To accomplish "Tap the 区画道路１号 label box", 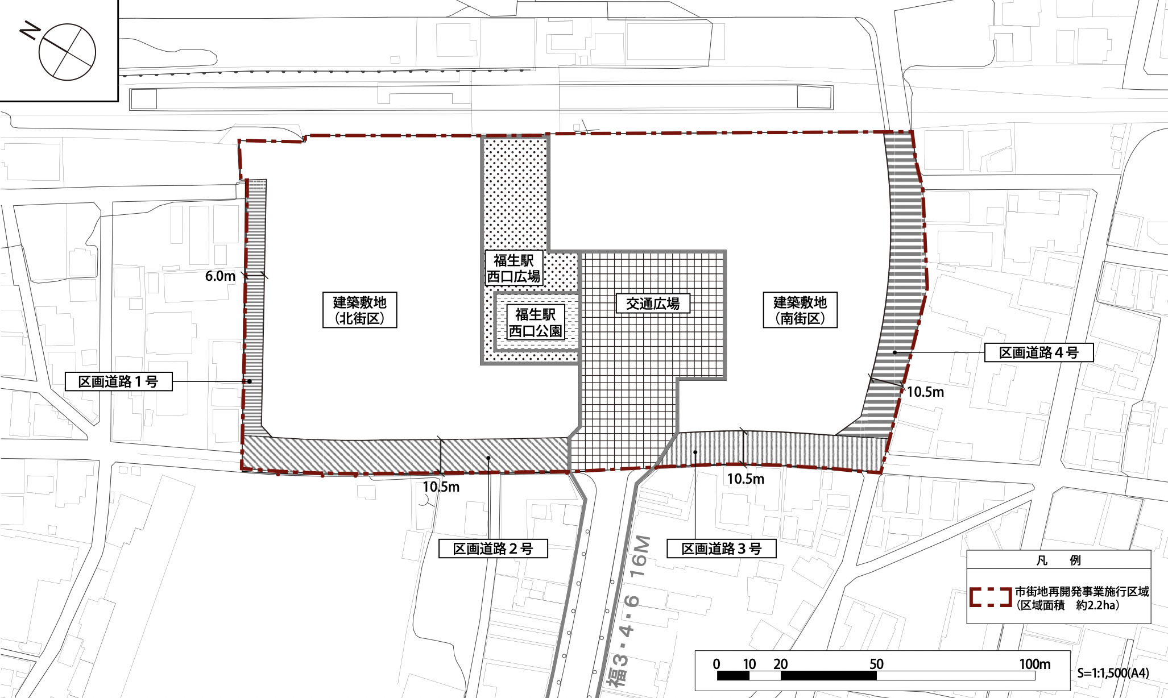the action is (118, 381).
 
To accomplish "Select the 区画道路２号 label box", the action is (493, 549).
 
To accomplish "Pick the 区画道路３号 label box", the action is (721, 549).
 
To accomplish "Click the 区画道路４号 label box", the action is (1039, 352).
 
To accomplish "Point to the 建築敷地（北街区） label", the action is (359, 310).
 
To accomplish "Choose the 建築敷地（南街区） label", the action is (800, 310).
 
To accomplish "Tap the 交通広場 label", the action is (653, 304).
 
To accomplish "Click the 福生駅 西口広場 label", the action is (513, 268).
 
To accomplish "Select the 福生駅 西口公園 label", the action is (535, 322).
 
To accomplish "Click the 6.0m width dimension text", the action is (220, 276).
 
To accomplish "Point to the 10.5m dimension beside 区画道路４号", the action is (925, 392).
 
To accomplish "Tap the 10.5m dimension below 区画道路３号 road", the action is (745, 479).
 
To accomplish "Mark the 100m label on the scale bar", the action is (1034, 664).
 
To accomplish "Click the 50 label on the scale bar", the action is (876, 664).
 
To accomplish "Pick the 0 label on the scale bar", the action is (716, 664).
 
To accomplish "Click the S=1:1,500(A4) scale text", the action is (1113, 673).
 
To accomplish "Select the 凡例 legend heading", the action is (1058, 560).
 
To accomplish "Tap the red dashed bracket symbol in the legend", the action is (990, 597).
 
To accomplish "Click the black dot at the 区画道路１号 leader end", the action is (249, 381).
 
